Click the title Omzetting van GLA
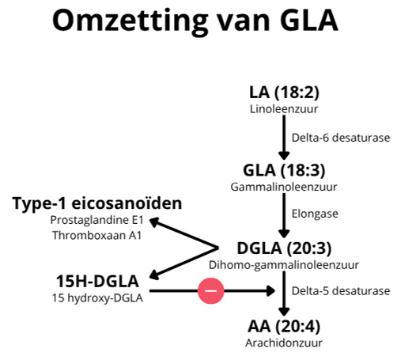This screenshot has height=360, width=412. tap(195, 21)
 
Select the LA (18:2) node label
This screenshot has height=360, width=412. tap(283, 93)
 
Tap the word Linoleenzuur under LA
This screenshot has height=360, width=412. tap(283, 108)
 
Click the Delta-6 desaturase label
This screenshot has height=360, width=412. tap(341, 138)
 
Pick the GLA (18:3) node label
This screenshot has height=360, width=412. tap(283, 170)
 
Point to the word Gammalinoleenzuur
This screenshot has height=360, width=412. tap(283, 187)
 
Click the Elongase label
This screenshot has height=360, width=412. tap(316, 214)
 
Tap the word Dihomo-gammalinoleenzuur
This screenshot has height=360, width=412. tap(284, 264)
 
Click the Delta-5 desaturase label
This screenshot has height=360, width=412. tap(341, 291)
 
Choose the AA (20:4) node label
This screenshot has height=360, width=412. tap(283, 326)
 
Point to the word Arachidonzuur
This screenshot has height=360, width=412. tap(283, 343)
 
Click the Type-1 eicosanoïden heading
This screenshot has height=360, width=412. tap(96, 203)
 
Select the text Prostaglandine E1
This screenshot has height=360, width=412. tap(96, 220)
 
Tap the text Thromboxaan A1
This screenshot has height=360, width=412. tap(96, 235)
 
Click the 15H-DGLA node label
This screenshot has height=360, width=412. tap(97, 280)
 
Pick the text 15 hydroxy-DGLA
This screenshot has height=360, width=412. tap(96, 297)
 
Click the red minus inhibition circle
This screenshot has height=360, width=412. tap(212, 291)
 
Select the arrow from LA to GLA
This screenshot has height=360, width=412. tap(283, 136)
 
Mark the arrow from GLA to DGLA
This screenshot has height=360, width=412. tap(283, 214)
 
